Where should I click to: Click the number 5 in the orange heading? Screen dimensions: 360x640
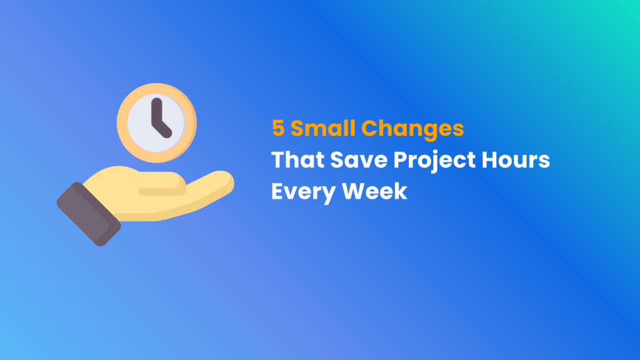pos(278,129)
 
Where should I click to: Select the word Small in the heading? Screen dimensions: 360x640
pos(322,129)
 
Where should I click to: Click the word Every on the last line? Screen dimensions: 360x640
pos(302,191)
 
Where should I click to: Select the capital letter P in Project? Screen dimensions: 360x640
pos(401,160)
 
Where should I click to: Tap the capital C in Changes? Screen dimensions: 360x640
pos(374,129)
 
